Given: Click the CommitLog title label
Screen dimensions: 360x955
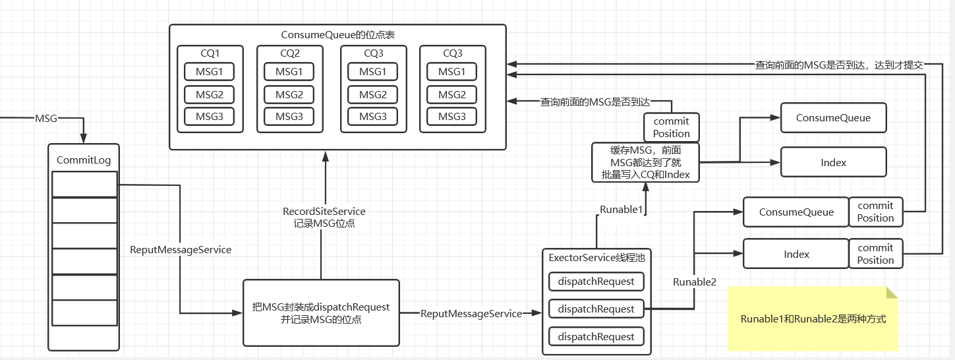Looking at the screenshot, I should [x=84, y=160].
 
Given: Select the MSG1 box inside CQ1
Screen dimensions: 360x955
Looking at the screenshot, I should [x=210, y=72].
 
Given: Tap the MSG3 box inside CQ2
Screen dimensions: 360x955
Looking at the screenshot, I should [x=289, y=117].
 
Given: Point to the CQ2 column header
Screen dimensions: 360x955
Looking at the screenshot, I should [x=289, y=53].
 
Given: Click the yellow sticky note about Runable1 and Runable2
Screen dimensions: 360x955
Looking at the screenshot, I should [x=813, y=319].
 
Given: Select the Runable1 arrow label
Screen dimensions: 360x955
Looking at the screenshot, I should [x=620, y=210].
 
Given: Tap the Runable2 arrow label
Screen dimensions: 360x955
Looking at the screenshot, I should [x=694, y=282].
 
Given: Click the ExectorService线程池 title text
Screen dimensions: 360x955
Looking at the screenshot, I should [x=596, y=258].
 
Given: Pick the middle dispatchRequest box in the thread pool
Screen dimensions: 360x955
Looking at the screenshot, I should [x=596, y=309].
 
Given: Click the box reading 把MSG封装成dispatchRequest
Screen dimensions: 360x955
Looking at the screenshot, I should [x=321, y=313].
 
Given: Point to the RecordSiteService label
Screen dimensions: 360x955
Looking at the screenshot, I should [x=324, y=212].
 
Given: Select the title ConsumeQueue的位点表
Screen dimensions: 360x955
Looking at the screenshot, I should [x=337, y=34].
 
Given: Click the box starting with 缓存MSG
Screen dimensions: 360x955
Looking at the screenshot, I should [x=645, y=162].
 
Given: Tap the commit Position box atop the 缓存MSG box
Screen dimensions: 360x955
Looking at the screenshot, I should [x=671, y=127].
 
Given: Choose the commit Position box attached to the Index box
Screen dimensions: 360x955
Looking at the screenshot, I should [x=875, y=254].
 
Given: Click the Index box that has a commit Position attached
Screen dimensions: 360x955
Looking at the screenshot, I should [x=796, y=255].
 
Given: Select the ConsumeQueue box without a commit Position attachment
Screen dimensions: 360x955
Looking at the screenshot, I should [x=833, y=118].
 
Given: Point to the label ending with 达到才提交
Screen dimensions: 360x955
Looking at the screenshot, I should [x=839, y=65].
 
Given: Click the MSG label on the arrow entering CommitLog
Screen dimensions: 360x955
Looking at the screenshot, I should [x=45, y=119].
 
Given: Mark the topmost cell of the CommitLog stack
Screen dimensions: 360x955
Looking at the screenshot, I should [x=84, y=184].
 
